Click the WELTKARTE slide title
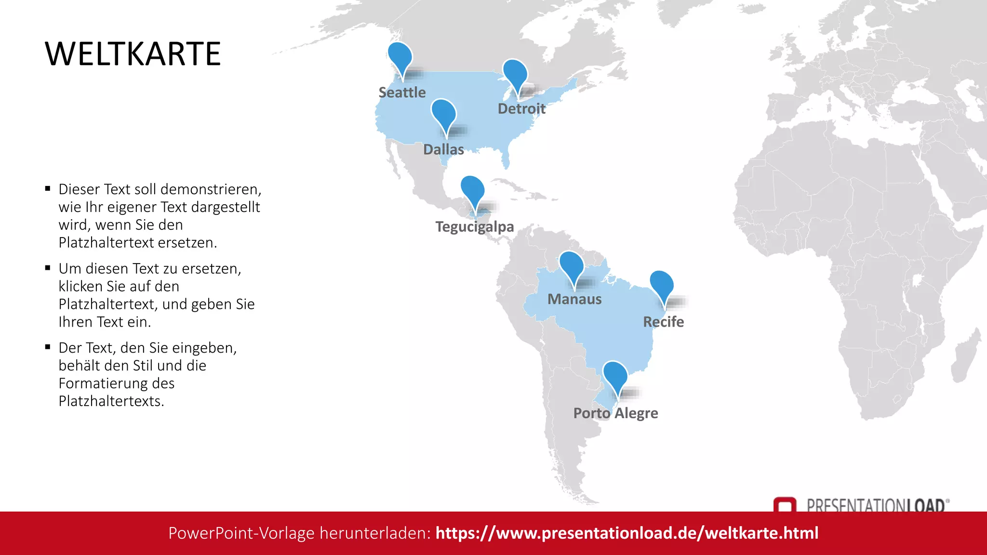[x=133, y=53]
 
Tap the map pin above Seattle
[x=400, y=57]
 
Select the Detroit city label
[x=521, y=109]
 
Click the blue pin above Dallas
[x=443, y=113]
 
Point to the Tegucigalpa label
[x=475, y=226]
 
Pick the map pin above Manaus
[x=572, y=265]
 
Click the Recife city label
[x=663, y=322]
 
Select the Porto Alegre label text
[x=615, y=413]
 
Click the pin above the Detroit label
[x=515, y=74]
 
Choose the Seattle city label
[x=402, y=92]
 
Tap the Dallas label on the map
[x=443, y=149]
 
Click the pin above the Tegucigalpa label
[x=472, y=190]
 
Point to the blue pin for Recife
[x=662, y=285]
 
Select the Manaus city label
[x=574, y=299]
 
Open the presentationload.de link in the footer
[x=627, y=533]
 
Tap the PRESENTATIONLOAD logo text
[x=876, y=505]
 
